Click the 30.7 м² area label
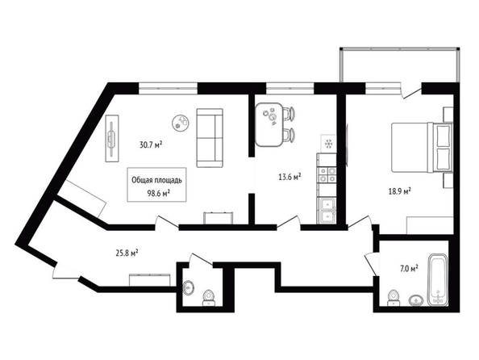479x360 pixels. pyautogui.click(x=151, y=144)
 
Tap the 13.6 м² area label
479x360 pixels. pyautogui.click(x=290, y=177)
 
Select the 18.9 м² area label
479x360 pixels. pyautogui.click(x=400, y=191)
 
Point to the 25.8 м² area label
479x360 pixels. pyautogui.click(x=127, y=253)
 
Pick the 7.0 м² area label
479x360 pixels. pyautogui.click(x=409, y=269)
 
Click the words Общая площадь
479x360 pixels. pyautogui.click(x=156, y=180)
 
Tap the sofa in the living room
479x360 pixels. pyautogui.click(x=210, y=138)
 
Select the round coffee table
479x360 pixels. pyautogui.click(x=181, y=123)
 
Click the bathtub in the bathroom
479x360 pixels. pyautogui.click(x=438, y=280)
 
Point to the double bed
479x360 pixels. pyautogui.click(x=423, y=147)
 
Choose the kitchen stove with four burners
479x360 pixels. pyautogui.click(x=327, y=174)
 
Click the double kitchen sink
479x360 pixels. pyautogui.click(x=327, y=211)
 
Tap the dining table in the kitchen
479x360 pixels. pyautogui.click(x=269, y=124)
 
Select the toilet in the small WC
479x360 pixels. pyautogui.click(x=209, y=298)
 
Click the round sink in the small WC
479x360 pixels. pyautogui.click(x=189, y=288)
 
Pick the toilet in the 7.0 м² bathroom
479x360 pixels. pyautogui.click(x=394, y=298)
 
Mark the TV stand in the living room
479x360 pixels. pyautogui.click(x=112, y=138)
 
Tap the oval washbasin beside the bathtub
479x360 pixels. pyautogui.click(x=416, y=300)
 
